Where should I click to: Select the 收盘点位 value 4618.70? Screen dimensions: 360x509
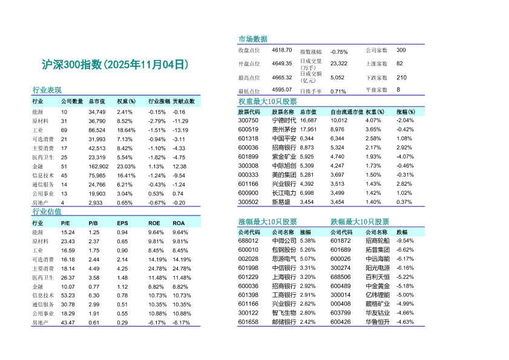pos(282,50)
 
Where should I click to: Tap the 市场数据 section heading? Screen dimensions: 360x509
pos(253,39)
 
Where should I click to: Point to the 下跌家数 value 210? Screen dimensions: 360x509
pos(401,77)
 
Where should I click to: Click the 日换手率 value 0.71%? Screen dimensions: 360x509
pos(338,91)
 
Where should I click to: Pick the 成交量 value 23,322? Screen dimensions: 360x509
pos(339,63)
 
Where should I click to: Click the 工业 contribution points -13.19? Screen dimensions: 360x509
pos(180,130)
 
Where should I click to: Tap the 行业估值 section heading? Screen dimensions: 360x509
pos(47,212)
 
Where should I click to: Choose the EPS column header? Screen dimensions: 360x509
pos(122,223)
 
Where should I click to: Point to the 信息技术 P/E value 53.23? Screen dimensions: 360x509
pos(68,295)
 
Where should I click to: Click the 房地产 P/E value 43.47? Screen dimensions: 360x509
pos(68,322)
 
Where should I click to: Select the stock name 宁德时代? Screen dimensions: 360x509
pos(284,120)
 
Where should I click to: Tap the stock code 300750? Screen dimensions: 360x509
pos(248,120)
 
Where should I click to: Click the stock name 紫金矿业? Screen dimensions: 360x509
pos(284,157)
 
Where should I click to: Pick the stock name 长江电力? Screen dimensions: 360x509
pos(284,193)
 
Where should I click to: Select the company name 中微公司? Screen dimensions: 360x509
pos(284,240)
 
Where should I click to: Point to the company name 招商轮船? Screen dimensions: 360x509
pos(378,240)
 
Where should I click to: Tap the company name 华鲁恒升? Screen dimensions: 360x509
pos(378,322)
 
